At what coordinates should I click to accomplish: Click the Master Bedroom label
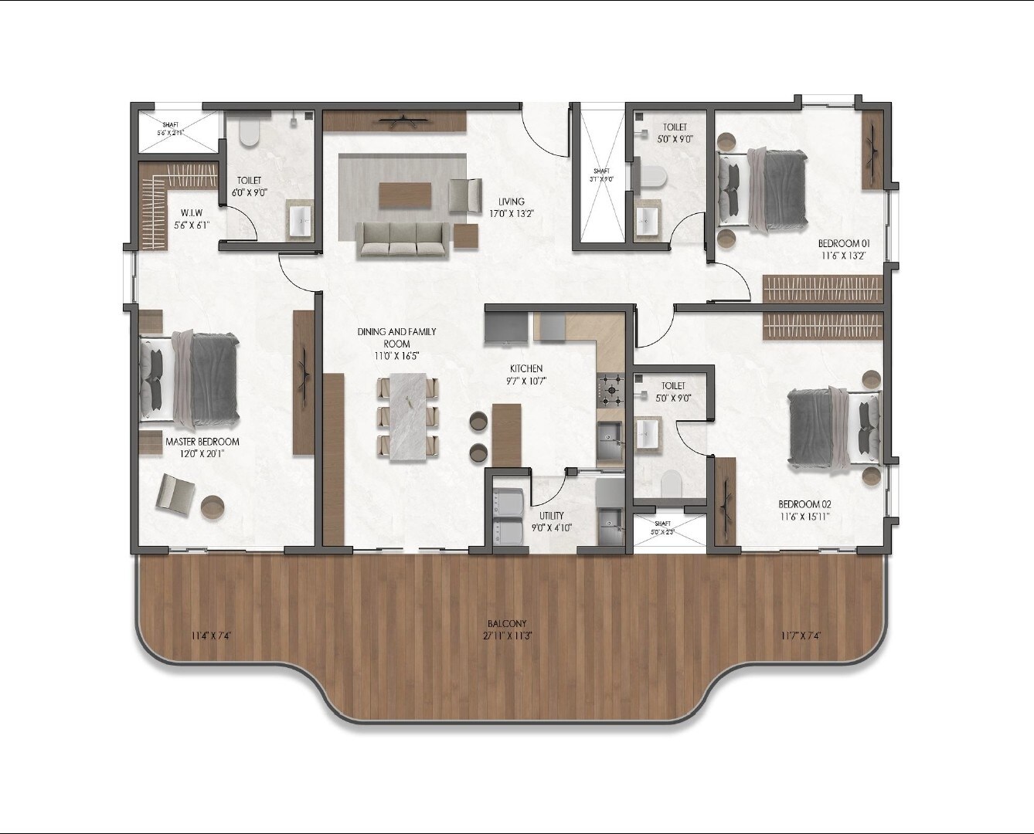click(x=202, y=442)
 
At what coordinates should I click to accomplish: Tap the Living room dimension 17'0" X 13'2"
click(x=512, y=214)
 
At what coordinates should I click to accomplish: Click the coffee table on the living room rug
click(x=406, y=195)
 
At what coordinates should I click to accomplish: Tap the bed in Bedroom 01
click(x=762, y=189)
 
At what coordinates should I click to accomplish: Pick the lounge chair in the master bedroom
click(x=176, y=493)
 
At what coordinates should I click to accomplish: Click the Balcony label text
click(x=507, y=624)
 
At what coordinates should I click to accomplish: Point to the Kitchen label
click(x=526, y=368)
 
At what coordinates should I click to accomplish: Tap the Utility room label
click(x=552, y=515)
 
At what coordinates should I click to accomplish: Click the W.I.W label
click(x=192, y=212)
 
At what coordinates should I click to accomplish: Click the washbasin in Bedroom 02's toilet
click(x=648, y=432)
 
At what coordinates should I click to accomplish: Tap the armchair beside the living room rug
click(x=464, y=194)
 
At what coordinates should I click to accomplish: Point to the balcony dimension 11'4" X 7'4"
click(x=212, y=636)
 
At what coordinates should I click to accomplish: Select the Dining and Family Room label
click(x=396, y=337)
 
